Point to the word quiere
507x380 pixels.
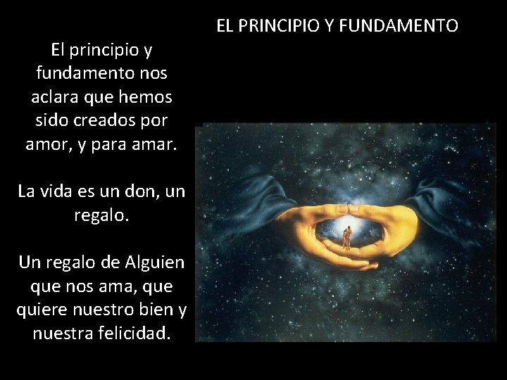45,308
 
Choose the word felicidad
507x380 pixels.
131,331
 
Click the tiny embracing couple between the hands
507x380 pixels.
346,240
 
